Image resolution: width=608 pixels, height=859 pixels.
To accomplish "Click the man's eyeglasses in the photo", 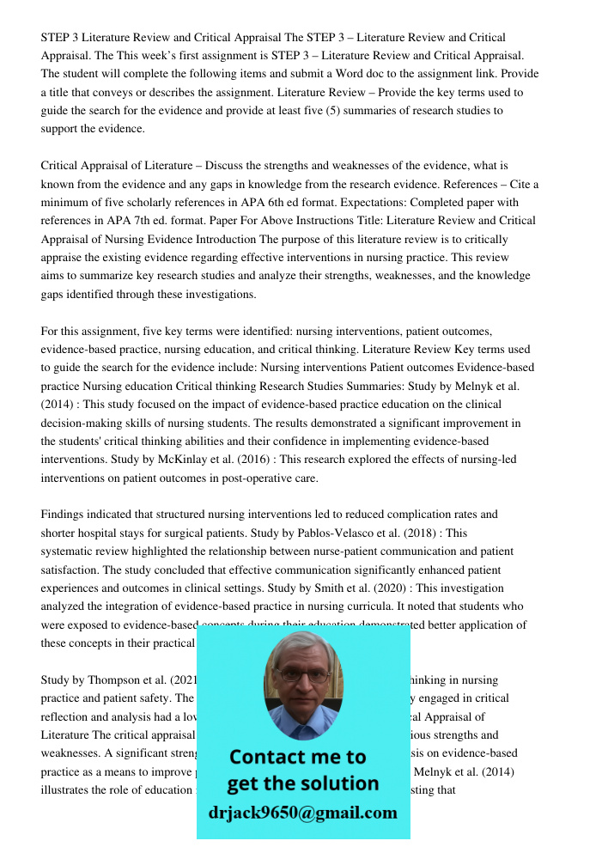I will pyautogui.click(x=301, y=675).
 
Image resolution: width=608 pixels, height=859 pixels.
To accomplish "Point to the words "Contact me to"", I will pyautogui.click(x=297, y=757).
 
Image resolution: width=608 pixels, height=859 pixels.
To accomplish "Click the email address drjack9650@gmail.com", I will pyautogui.click(x=302, y=813).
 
